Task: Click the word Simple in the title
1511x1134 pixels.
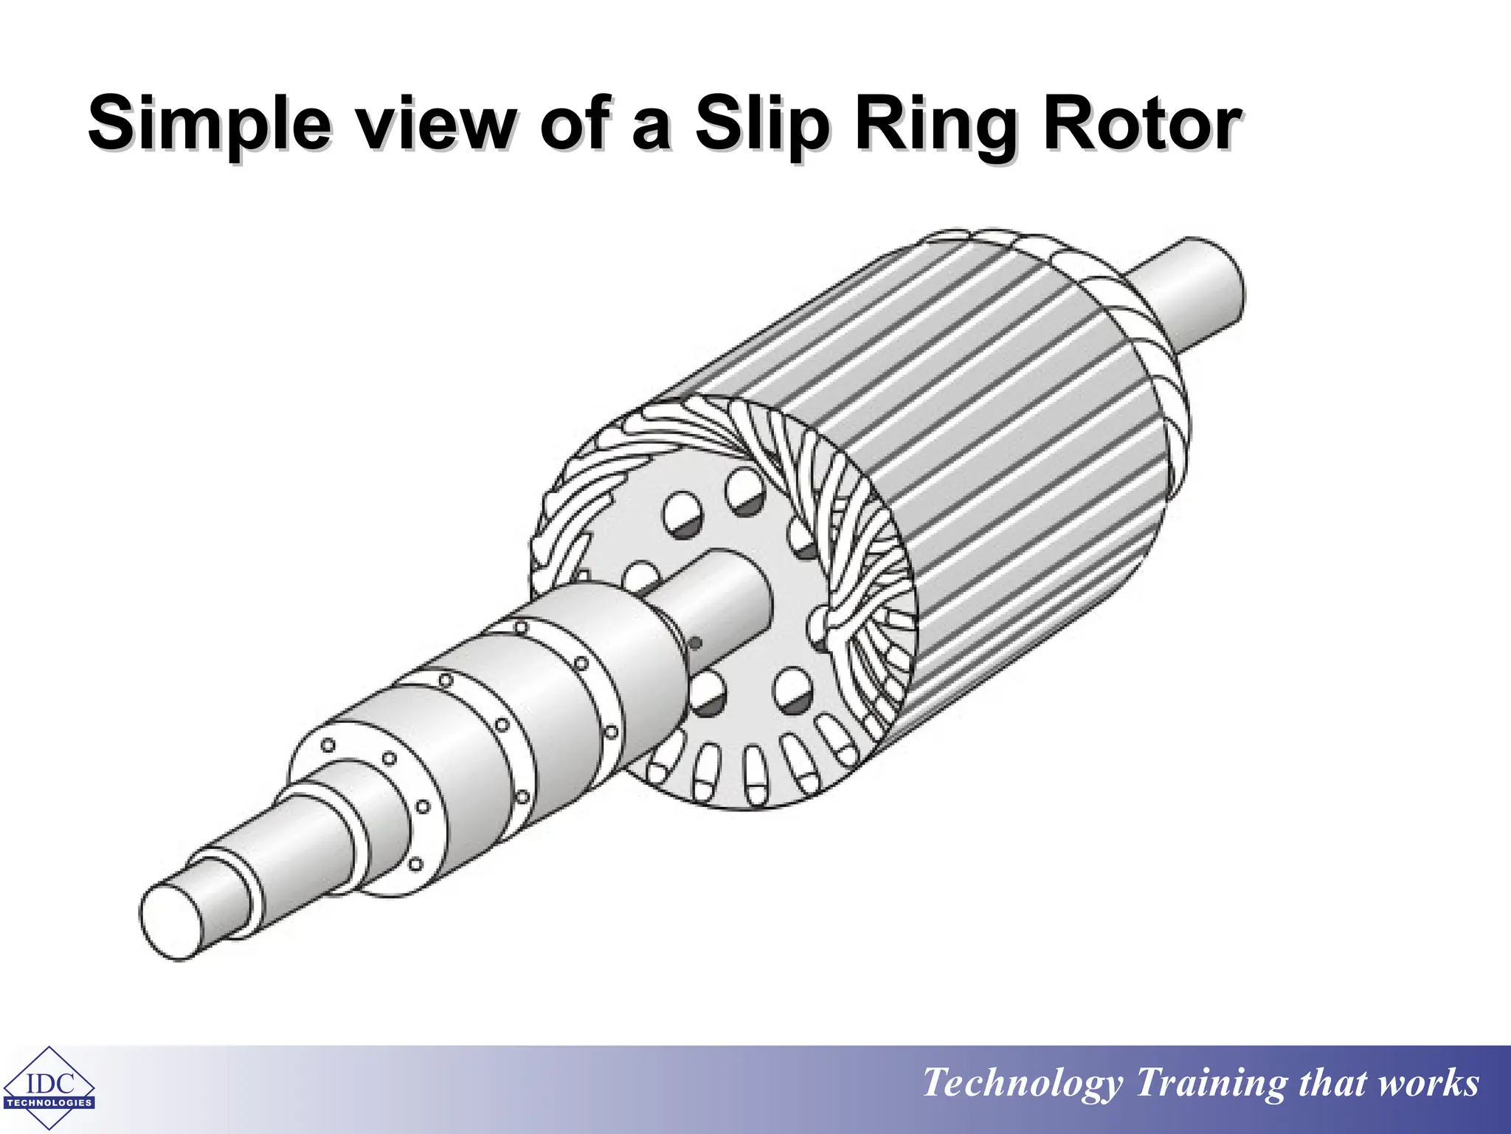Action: click(209, 123)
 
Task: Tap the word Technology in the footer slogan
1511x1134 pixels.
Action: click(1023, 1083)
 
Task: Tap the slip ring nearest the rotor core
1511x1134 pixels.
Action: click(627, 664)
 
